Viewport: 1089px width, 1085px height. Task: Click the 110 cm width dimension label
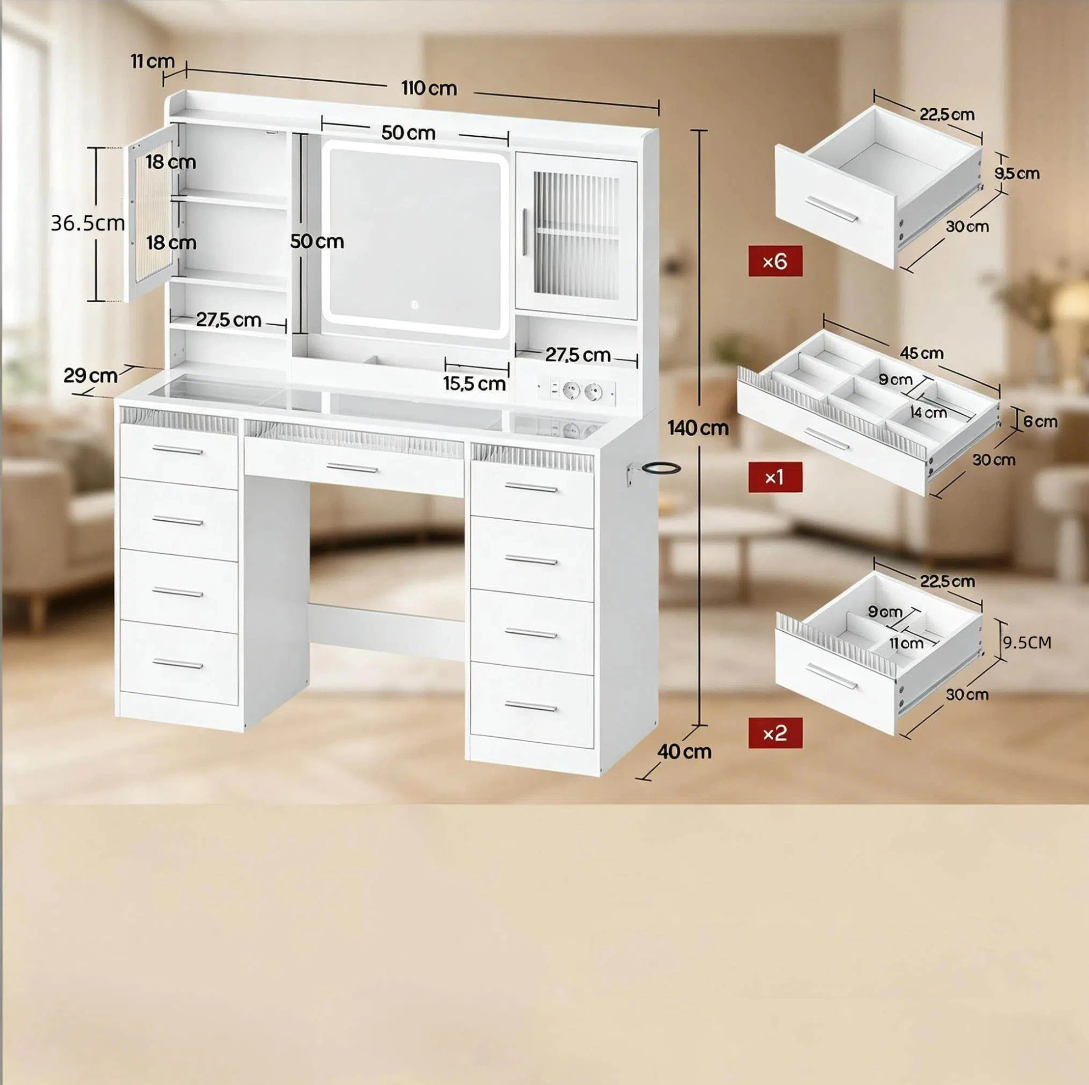(x=429, y=88)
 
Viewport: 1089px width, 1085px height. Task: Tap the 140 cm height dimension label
(x=698, y=429)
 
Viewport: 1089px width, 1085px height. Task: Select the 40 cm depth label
(x=684, y=752)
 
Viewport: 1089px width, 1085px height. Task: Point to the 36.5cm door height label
(x=87, y=223)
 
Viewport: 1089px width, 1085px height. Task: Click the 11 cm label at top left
(x=153, y=61)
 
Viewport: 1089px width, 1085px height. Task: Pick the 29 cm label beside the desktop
(x=91, y=375)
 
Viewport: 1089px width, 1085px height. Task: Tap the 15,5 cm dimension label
(x=474, y=384)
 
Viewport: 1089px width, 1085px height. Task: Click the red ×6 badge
(x=775, y=261)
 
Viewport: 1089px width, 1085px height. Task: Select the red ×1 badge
(x=775, y=477)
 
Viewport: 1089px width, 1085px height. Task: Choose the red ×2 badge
(x=775, y=733)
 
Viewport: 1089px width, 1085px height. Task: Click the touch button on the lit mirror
(x=414, y=305)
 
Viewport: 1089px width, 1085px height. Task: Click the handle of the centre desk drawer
(x=353, y=469)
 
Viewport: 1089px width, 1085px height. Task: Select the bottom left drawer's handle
(x=177, y=664)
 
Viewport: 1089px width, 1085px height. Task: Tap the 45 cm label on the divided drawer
(x=921, y=353)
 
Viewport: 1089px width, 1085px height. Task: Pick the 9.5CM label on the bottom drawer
(x=1027, y=643)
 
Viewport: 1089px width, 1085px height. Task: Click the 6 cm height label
(x=1041, y=421)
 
